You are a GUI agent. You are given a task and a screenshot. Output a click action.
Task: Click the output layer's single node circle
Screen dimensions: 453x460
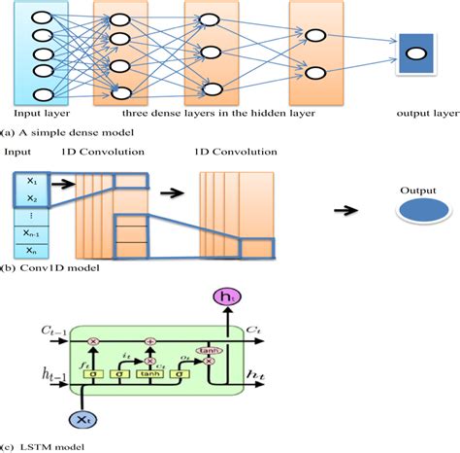[413, 53]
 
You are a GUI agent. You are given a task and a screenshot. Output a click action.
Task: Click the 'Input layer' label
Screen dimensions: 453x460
[40, 111]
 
